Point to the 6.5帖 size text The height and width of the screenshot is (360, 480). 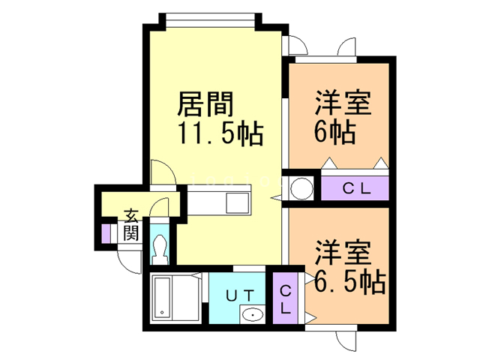(x=349, y=281)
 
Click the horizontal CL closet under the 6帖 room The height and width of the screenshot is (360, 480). (x=355, y=188)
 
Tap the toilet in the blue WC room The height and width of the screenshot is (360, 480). (x=160, y=247)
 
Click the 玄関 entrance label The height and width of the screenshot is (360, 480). (x=131, y=224)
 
